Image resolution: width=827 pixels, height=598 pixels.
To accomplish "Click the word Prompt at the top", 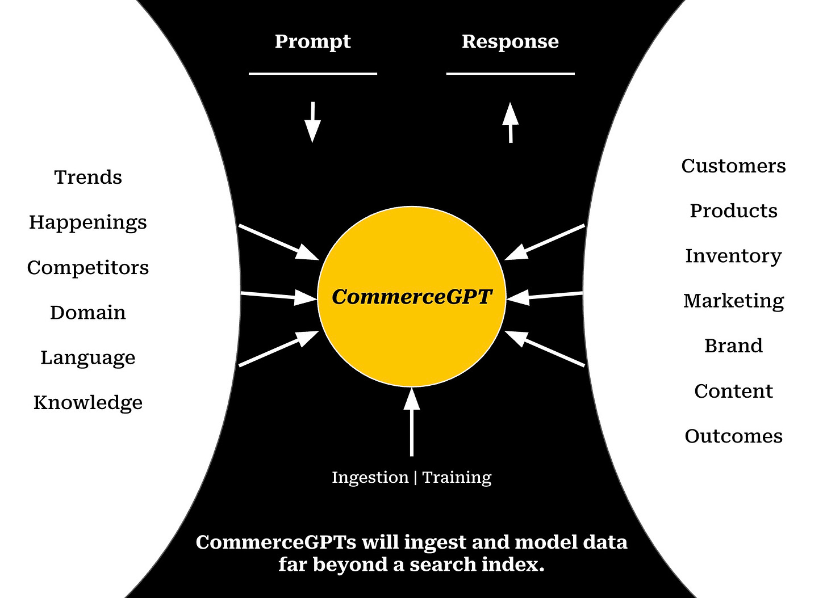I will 312,42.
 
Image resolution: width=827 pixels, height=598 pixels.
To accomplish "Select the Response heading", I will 510,41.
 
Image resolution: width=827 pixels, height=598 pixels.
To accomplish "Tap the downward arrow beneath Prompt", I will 312,122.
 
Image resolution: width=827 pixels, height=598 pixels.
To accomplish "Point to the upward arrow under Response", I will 511,122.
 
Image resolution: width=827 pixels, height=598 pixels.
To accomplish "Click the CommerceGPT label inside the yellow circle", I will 411,297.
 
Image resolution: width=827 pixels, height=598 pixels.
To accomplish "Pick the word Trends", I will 88,177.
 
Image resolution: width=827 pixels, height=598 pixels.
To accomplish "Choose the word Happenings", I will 88,222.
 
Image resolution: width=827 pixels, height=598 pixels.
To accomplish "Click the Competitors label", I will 88,267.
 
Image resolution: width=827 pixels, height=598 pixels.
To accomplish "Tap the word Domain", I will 88,313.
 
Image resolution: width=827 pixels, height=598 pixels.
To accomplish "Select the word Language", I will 88,358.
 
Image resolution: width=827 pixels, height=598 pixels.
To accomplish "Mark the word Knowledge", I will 88,403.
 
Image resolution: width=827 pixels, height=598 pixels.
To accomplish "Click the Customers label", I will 733,166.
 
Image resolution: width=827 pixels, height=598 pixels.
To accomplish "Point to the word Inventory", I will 733,256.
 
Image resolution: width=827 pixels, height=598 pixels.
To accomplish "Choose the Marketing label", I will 733,301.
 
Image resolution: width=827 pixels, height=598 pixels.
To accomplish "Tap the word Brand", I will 733,346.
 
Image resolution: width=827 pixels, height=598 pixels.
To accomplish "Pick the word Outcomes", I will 733,436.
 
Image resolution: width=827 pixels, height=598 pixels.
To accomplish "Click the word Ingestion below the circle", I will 370,478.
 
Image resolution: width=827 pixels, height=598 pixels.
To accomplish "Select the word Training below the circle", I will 457,478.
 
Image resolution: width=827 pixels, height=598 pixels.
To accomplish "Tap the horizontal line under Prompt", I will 312,74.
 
